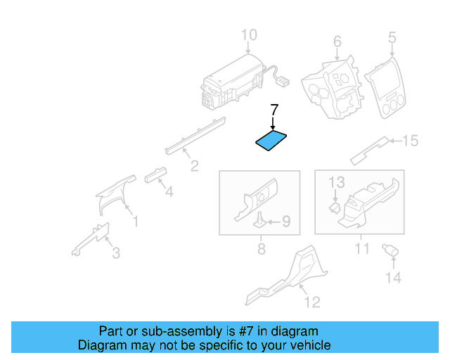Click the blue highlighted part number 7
click(x=271, y=141)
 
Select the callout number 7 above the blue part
click(x=274, y=110)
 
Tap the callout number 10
click(x=249, y=35)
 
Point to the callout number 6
click(x=337, y=41)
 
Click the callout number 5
click(x=392, y=37)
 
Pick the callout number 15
click(x=409, y=141)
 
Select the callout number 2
click(x=194, y=166)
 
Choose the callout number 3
click(x=116, y=252)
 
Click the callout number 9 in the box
click(x=285, y=222)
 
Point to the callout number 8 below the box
click(x=261, y=249)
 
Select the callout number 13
click(x=337, y=183)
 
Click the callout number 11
click(x=361, y=249)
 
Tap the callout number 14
click(x=392, y=278)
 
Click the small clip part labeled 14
click(x=387, y=250)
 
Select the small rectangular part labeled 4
click(x=154, y=174)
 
